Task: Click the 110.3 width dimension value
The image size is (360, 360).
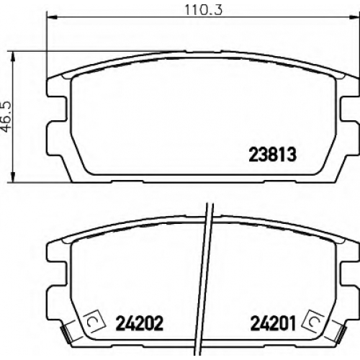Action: point(204,9)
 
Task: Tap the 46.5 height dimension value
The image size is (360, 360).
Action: point(6,117)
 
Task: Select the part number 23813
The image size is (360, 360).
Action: point(273,155)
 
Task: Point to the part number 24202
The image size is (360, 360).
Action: point(140,323)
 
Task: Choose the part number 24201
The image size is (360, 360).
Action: point(273,323)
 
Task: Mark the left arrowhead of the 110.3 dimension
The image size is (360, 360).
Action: point(52,17)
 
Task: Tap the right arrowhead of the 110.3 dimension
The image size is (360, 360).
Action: point(354,17)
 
